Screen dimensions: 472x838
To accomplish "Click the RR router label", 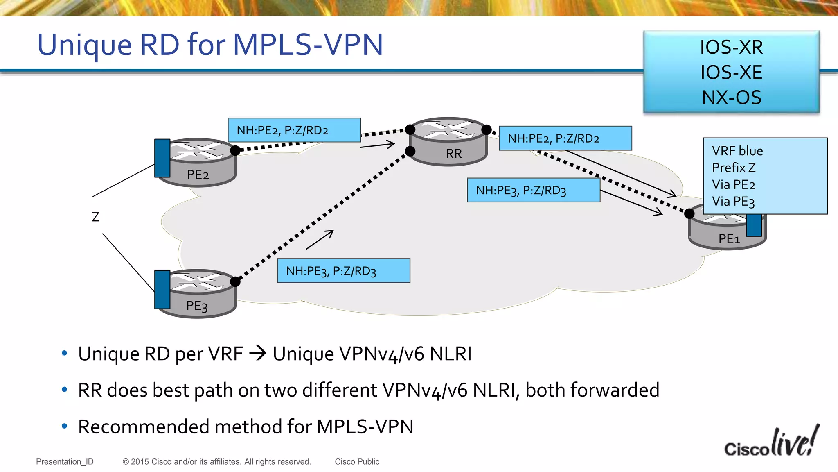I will (x=453, y=154).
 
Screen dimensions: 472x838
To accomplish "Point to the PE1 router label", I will (x=729, y=239).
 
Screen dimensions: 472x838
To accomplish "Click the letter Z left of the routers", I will (x=95, y=217).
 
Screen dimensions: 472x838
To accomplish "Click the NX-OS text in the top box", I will (x=731, y=98).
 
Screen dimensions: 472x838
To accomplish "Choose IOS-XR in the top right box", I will (x=731, y=47).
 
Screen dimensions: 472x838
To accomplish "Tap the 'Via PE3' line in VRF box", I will (x=733, y=202).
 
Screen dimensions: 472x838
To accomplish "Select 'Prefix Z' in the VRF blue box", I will (x=733, y=168).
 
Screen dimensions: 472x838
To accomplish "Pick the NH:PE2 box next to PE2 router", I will (x=294, y=130).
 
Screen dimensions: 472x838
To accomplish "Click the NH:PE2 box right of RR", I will (x=565, y=138).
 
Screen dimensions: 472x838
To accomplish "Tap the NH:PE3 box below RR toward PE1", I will (x=533, y=190).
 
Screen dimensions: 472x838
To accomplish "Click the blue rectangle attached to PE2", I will (x=162, y=158).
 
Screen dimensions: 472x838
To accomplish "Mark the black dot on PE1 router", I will (x=689, y=213).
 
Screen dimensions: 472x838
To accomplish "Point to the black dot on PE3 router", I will (x=235, y=281).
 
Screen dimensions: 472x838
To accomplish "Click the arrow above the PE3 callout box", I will (x=320, y=240).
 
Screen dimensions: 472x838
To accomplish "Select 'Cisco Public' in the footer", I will (x=357, y=462).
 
